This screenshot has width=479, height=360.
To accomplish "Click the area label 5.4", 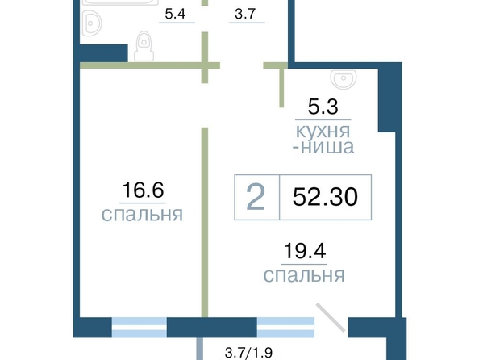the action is tap(175, 14).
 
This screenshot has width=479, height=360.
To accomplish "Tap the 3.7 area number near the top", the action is tap(245, 14).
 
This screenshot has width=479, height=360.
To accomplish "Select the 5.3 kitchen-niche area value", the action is tap(323, 107).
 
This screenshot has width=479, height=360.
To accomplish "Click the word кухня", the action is tap(323, 131).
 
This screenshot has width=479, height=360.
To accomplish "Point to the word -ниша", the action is tap(323, 147).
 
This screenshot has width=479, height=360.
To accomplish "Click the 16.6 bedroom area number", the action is tap(143, 190).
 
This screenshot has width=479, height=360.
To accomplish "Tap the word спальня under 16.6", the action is tap(142, 214).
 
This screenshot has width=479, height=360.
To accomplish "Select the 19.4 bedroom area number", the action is tap(305, 251).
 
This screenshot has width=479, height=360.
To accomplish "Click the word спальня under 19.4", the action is tap(304, 275).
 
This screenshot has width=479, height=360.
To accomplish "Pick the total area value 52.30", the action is tap(325, 197).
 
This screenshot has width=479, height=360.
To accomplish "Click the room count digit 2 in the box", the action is tap(256, 198).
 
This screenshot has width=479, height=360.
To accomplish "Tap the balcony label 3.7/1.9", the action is tap(248, 353).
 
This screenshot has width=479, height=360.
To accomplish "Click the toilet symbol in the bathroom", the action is tap(144, 46).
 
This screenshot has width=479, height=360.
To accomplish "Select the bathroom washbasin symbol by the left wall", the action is tap(91, 23).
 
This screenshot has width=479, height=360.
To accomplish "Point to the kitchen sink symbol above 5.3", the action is tap(344, 78).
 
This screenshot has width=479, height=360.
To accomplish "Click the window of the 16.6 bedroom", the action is tap(140, 327).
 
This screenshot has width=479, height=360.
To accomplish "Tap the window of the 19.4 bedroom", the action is tap(285, 327).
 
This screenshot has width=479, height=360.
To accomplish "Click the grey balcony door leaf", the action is tap(331, 317).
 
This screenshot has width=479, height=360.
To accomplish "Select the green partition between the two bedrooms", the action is tap(205, 223).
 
